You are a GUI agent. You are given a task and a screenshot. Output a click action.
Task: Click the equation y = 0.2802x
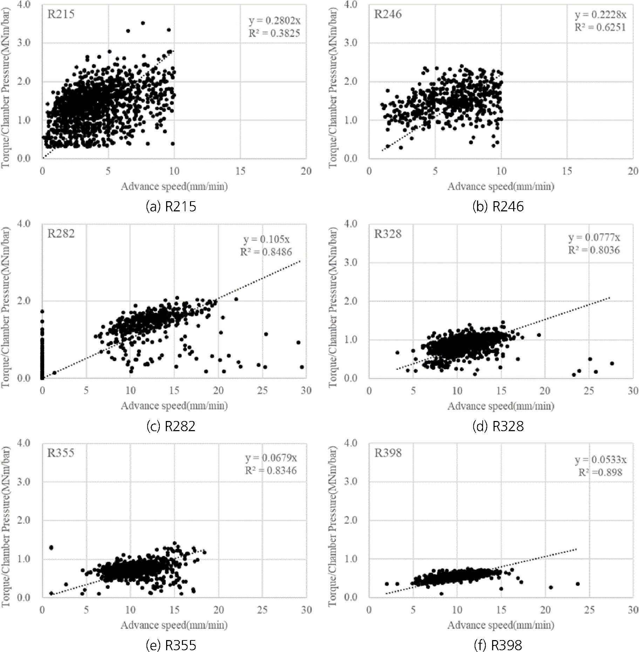(x=274, y=21)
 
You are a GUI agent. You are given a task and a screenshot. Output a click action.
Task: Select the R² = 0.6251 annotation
(x=600, y=27)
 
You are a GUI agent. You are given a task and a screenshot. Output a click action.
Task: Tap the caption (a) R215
(x=171, y=206)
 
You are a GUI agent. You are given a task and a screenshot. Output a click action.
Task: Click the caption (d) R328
(x=498, y=426)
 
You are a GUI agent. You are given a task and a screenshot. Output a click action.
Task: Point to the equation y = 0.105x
(x=267, y=239)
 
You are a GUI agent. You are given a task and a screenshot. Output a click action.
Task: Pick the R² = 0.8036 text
(x=594, y=250)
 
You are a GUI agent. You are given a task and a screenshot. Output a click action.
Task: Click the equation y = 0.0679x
(x=271, y=458)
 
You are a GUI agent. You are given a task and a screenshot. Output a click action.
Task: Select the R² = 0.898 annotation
(x=600, y=473)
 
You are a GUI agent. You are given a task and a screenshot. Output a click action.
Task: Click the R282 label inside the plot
(x=61, y=233)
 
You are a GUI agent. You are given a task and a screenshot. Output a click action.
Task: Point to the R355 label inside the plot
(x=61, y=453)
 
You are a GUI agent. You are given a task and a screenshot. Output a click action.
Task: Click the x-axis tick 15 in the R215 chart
(x=240, y=171)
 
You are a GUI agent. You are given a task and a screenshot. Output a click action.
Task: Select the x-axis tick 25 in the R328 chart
(x=589, y=390)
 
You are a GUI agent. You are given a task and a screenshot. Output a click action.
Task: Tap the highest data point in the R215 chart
(x=143, y=23)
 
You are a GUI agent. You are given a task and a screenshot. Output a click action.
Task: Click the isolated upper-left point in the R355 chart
(x=51, y=548)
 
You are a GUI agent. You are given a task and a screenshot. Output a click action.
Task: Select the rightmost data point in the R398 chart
(x=578, y=584)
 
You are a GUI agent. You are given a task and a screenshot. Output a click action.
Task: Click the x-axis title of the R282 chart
(x=174, y=406)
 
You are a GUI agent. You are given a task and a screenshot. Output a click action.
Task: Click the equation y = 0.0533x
(x=600, y=460)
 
